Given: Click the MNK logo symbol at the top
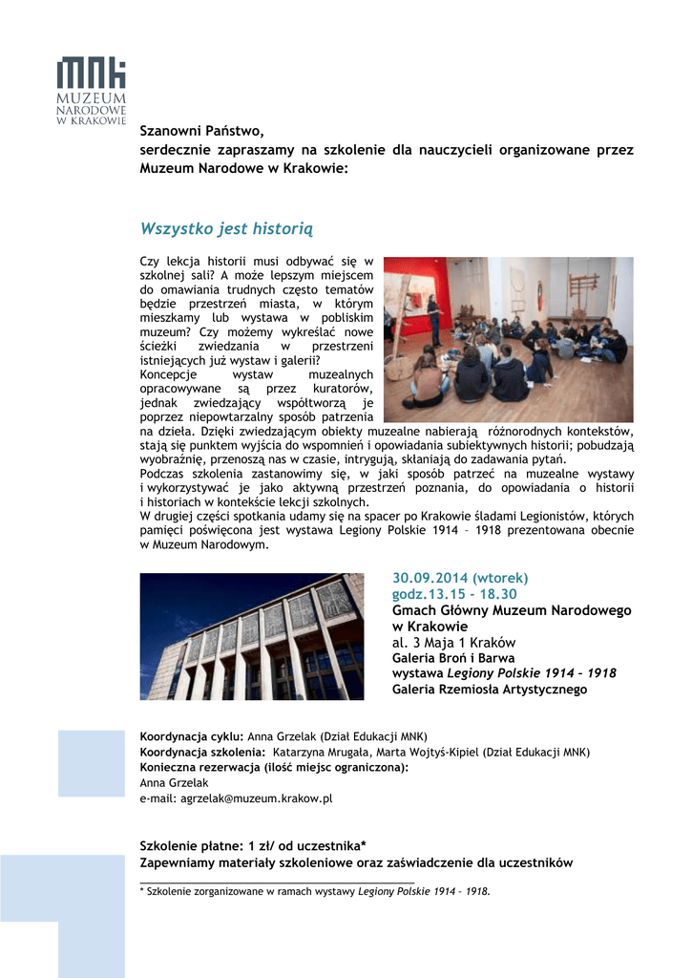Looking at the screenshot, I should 91,74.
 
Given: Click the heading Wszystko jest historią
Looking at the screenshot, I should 226,228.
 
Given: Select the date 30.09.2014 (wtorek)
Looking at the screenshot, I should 460,578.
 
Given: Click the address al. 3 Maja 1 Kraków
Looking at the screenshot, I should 454,642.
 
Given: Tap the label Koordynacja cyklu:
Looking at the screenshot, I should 192,736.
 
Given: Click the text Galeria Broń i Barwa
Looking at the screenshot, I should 453,658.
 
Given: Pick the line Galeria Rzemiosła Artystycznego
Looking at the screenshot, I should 490,689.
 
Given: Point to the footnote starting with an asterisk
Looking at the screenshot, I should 315,891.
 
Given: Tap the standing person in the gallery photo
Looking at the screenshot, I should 434,320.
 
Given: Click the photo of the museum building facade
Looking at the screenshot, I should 252,636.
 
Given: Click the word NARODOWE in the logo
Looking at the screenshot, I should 91,110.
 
